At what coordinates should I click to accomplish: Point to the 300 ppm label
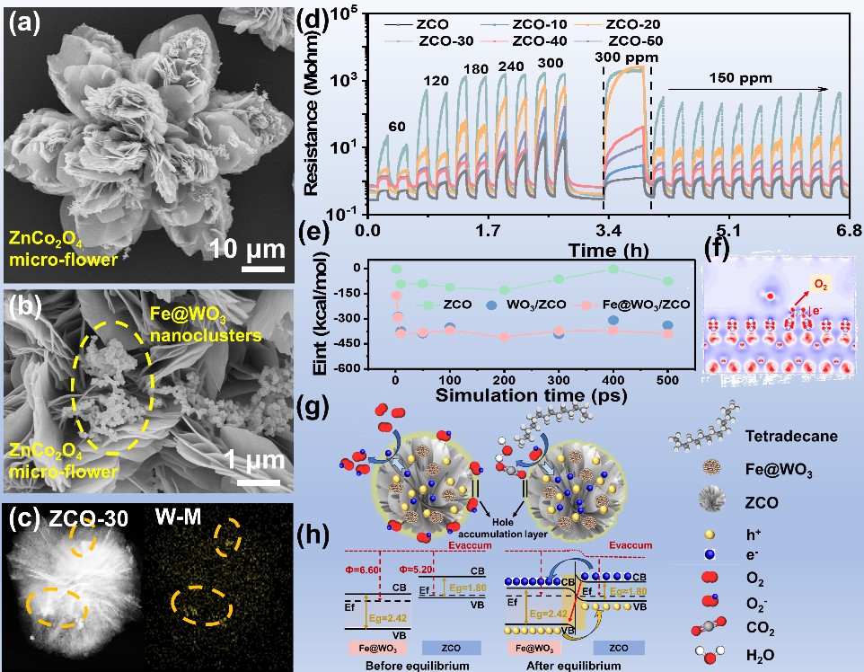(x=630, y=57)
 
